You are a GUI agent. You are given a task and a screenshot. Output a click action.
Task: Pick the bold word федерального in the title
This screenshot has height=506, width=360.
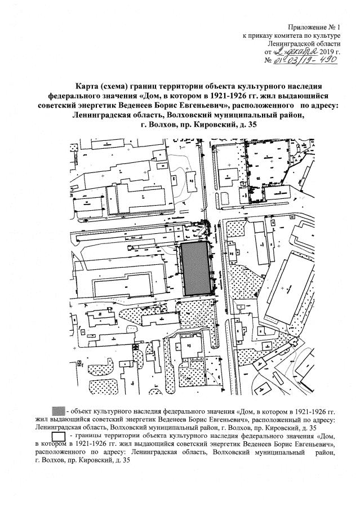(x=78, y=95)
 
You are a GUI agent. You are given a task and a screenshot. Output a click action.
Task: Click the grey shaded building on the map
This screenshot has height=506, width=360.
(x=195, y=269)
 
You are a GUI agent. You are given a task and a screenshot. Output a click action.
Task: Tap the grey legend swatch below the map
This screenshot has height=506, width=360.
(x=57, y=408)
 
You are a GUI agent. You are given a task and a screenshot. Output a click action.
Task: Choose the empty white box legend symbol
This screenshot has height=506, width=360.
(x=58, y=435)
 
